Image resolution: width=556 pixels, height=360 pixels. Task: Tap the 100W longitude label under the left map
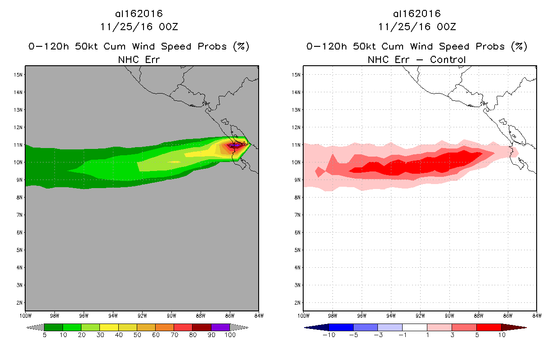coord(25,315)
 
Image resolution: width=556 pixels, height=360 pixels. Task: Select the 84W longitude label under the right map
coord(537,315)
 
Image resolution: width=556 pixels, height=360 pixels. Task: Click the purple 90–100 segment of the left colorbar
coord(220,327)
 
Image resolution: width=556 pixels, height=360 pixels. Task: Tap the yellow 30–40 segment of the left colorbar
coord(109,327)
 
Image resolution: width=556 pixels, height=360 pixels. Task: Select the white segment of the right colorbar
coord(414,327)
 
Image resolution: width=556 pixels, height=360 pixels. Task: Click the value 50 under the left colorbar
coord(137,335)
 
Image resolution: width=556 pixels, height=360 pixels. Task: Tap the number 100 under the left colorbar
coord(230,335)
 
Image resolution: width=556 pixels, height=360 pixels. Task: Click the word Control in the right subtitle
coord(448,59)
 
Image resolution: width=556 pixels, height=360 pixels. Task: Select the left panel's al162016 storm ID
coord(139,14)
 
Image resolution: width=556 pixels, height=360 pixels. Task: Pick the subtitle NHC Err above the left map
coord(139,59)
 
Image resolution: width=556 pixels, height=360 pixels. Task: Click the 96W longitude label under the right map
coord(362,315)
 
